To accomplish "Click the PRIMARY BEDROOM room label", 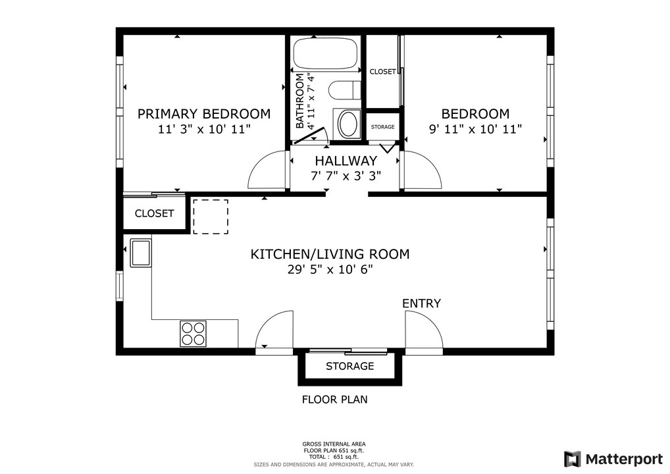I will click(203, 114).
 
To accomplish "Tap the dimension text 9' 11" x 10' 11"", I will click(475, 130).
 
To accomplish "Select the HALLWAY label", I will click(346, 161).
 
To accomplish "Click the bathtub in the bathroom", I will click(326, 55).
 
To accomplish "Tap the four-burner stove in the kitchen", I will click(193, 333).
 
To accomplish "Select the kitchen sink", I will click(141, 253).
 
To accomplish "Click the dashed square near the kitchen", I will click(211, 217).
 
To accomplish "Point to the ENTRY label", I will click(421, 303).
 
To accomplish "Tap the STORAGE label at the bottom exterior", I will click(349, 366).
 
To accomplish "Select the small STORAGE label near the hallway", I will click(382, 127).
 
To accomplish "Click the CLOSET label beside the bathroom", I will click(382, 72).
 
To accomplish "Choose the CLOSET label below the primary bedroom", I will click(154, 213).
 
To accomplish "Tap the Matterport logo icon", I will click(572, 458).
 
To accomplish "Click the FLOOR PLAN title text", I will click(334, 399).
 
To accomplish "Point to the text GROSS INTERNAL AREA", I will click(334, 444).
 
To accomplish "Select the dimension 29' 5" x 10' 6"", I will click(330, 270).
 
